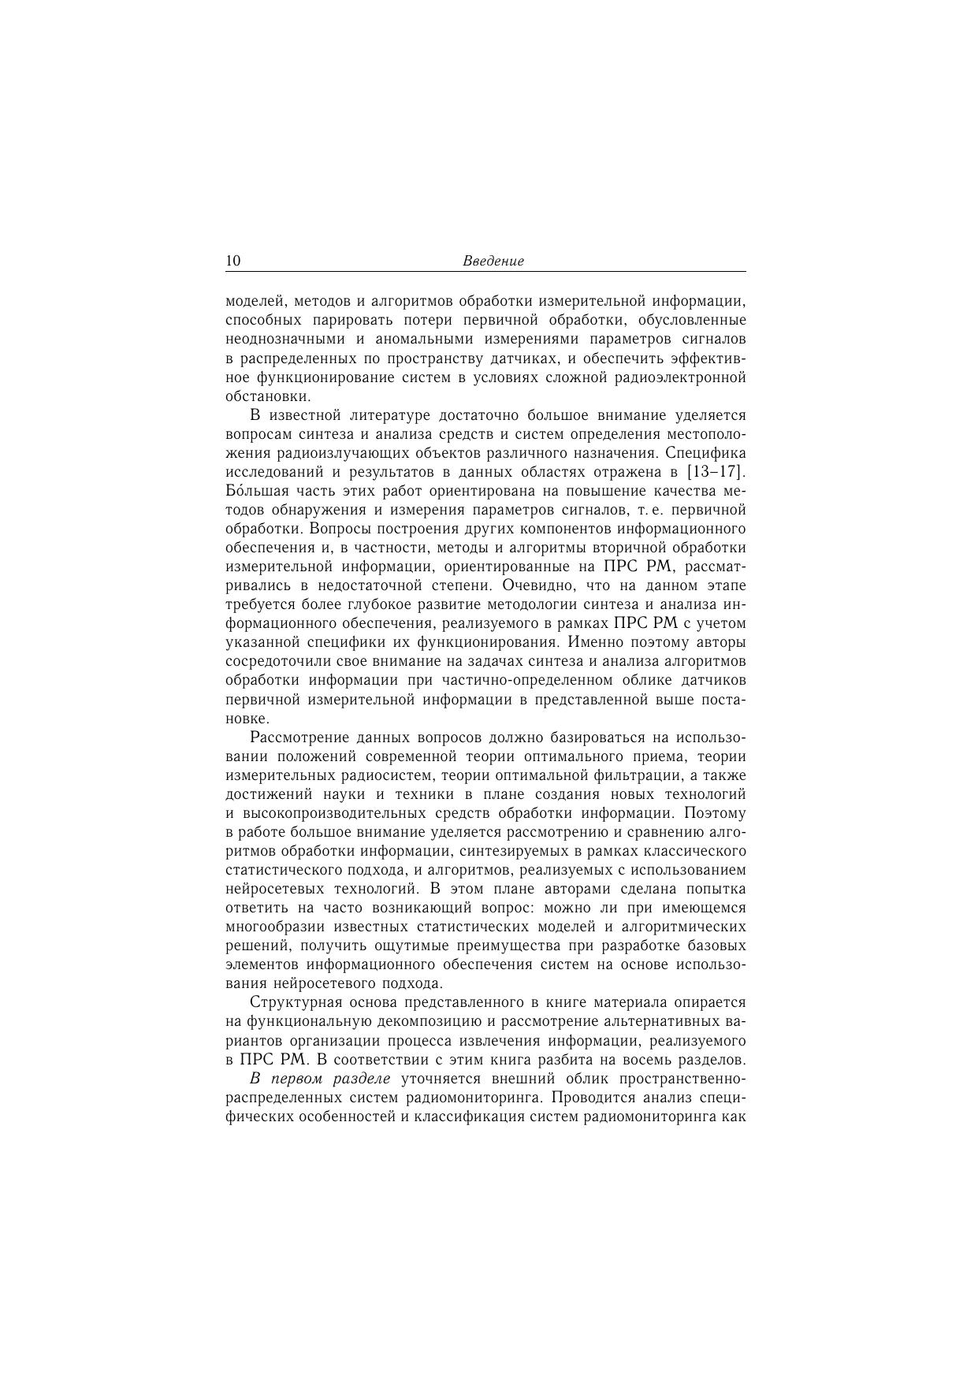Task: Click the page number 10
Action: point(233,262)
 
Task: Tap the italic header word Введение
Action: point(493,262)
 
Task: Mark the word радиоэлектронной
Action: point(685,377)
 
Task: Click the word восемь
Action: point(649,1060)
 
